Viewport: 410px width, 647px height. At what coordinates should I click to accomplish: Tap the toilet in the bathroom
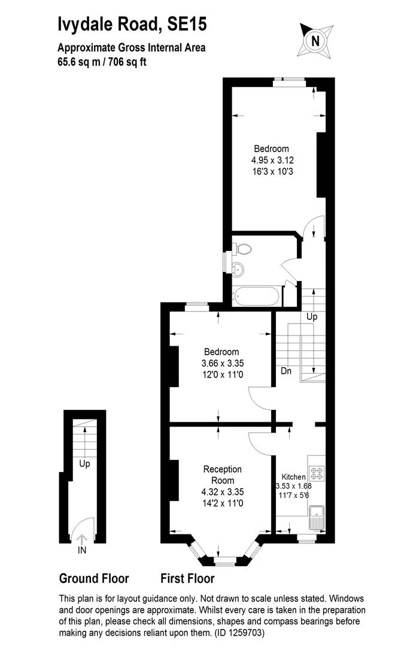[242, 248]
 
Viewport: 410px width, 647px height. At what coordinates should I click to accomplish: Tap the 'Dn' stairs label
[286, 371]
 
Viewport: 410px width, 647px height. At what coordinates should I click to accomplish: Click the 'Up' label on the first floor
[311, 316]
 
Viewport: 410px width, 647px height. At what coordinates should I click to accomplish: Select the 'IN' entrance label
[82, 549]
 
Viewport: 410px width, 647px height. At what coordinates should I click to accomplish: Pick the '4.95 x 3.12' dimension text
[272, 160]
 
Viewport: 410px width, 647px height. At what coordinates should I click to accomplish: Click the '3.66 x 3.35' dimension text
[223, 363]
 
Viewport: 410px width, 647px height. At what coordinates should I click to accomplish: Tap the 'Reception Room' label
[223, 474]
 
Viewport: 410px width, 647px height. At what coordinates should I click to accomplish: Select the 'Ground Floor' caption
[94, 579]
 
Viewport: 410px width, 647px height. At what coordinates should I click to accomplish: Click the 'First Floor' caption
[187, 579]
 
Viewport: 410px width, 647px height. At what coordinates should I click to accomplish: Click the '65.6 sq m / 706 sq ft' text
[102, 61]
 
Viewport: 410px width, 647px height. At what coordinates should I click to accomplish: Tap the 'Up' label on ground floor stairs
[84, 463]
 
